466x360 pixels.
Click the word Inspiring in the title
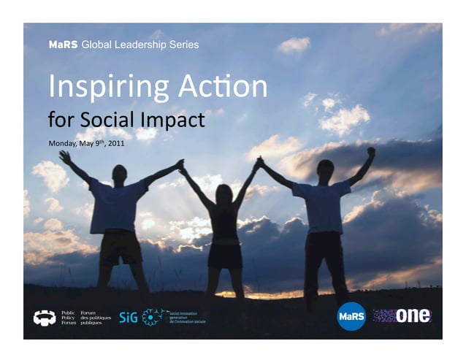click(x=93, y=88)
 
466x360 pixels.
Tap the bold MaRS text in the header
click(x=64, y=45)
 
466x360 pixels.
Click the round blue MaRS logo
click(x=351, y=316)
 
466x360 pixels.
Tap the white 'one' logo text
click(x=414, y=315)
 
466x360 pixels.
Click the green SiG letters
click(x=128, y=317)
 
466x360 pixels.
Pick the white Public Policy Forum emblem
click(x=45, y=318)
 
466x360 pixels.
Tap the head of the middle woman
click(x=224, y=194)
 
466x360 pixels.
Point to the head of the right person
click(x=325, y=168)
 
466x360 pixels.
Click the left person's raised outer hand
click(x=65, y=156)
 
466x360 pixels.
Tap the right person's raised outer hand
click(x=371, y=152)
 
